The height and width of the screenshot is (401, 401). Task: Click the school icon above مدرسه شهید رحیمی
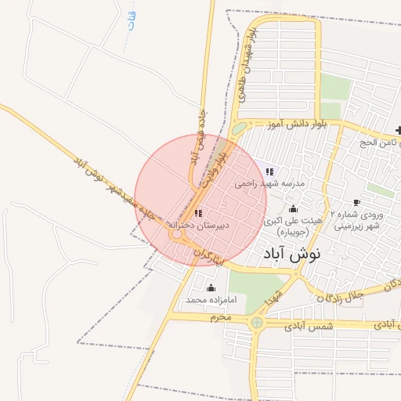(x=269, y=172)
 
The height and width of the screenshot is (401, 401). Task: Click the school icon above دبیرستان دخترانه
(x=197, y=213)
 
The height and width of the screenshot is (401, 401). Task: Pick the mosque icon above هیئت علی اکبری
(x=294, y=209)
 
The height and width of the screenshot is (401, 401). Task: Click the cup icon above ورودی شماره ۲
(x=356, y=203)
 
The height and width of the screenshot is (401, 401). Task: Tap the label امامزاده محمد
(x=204, y=300)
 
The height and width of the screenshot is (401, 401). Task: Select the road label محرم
(x=221, y=317)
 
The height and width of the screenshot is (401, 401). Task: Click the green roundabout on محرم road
(x=257, y=322)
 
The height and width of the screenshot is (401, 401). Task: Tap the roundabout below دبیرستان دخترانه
(x=177, y=233)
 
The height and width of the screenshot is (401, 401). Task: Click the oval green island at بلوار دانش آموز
(x=239, y=128)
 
